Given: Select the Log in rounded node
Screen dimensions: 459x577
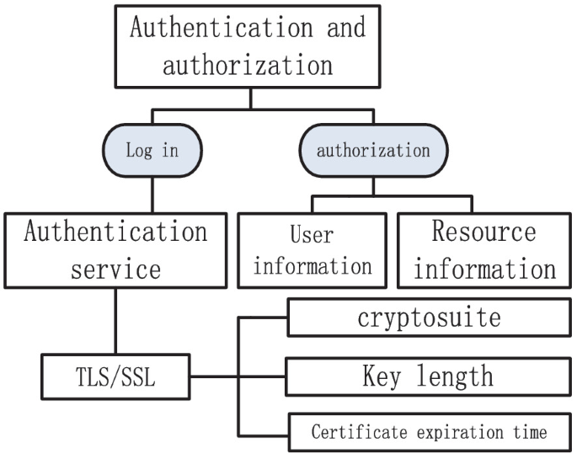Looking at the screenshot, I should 152,151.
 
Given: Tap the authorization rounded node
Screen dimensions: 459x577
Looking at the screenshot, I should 372,151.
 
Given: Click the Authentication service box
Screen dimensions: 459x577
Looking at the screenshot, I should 115,250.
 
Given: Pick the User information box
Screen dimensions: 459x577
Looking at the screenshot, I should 313,250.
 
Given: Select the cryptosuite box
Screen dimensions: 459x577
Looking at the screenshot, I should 429,318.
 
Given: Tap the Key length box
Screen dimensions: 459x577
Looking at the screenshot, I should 429,376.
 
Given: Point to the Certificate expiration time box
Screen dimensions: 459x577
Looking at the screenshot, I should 429,433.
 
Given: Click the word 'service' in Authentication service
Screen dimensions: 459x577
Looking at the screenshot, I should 115,270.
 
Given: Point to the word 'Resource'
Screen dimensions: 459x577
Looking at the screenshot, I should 484,232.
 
